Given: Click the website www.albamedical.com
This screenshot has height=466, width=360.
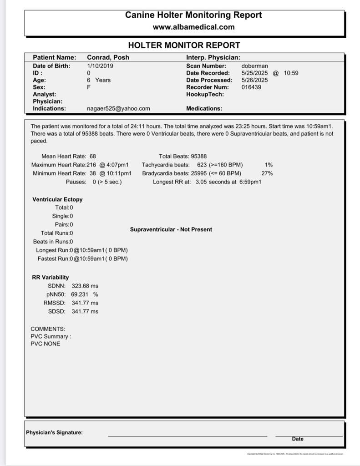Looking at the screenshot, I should point(193,27).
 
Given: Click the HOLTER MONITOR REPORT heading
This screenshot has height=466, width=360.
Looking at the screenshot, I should point(184,46).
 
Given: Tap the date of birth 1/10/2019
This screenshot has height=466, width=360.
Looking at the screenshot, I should point(100,66).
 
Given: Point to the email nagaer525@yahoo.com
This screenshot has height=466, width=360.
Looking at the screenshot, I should point(118,109).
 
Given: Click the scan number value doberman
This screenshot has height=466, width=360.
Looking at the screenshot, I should point(254,66).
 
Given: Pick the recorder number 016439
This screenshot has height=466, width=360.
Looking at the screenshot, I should point(251,87).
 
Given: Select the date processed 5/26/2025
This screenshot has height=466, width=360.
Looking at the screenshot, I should point(254,80).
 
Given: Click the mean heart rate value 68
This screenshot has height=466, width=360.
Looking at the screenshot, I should point(93,156).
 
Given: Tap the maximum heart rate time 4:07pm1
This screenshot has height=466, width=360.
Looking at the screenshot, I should point(117,165).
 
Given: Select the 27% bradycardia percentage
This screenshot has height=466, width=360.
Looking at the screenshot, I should point(267,173).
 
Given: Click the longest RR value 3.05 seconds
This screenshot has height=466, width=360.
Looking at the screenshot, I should point(212,182).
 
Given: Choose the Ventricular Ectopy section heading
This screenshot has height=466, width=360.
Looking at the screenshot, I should point(57,199).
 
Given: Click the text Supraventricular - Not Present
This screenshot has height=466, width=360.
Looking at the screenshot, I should point(171,229).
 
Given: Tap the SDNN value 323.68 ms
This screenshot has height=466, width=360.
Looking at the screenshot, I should point(85,286).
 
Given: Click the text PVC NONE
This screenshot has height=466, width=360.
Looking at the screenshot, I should point(45,344).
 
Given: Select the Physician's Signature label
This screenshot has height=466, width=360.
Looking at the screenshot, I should point(54,432).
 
